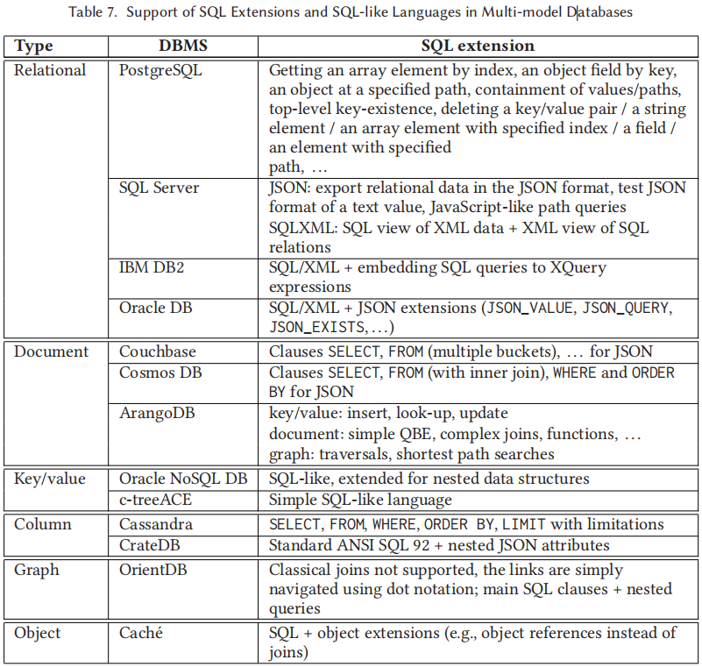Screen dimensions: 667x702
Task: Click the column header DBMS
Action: (182, 46)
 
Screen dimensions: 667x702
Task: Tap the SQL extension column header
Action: (477, 46)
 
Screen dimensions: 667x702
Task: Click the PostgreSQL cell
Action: (160, 70)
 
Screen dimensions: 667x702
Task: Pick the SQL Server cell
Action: (160, 188)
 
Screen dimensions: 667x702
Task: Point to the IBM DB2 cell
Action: (152, 267)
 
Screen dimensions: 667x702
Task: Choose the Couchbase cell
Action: (158, 351)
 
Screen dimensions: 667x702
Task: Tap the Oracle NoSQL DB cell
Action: (182, 479)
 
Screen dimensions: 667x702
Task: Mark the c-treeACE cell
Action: (156, 500)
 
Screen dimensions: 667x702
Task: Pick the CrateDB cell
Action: (151, 545)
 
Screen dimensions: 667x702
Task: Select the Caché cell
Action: (141, 633)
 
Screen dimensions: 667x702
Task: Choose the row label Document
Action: (52, 351)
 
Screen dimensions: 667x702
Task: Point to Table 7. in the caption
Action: (92, 12)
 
